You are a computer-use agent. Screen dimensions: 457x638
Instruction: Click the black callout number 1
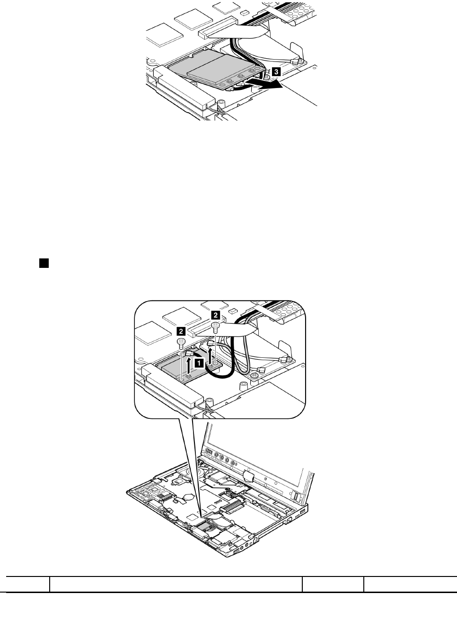coord(201,363)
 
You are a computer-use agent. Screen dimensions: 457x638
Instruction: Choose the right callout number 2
coord(215,314)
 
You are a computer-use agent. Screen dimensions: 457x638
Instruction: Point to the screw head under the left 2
coord(180,342)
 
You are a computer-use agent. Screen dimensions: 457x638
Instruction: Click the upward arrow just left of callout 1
coord(189,366)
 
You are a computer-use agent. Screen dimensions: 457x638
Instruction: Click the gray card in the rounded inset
coord(182,368)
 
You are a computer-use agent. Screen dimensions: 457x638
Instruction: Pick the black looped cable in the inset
coord(222,374)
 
